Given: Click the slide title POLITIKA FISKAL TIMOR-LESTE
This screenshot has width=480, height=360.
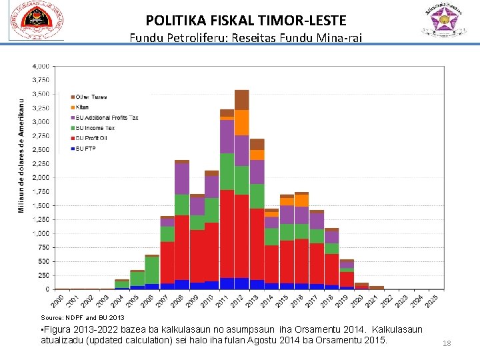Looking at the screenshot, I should [x=246, y=21].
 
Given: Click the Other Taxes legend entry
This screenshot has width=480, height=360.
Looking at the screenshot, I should [x=91, y=97].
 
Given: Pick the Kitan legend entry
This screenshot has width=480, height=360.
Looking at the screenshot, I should [x=82, y=107].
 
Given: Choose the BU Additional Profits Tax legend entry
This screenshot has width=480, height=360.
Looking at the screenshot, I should [x=107, y=118].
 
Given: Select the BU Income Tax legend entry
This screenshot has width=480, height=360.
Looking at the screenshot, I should [x=95, y=128].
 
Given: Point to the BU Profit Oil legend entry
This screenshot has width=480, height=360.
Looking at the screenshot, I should [x=92, y=138].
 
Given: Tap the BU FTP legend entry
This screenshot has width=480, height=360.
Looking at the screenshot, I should [x=86, y=148].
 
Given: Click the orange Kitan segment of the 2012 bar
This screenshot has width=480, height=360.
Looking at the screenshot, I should [x=241, y=123].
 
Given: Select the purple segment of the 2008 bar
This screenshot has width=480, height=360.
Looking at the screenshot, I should [x=182, y=179].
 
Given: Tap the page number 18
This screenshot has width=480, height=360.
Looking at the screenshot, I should [x=447, y=344].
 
